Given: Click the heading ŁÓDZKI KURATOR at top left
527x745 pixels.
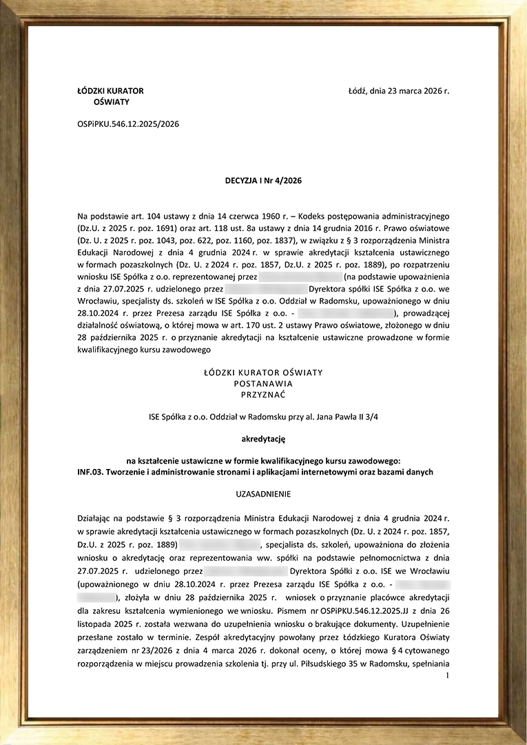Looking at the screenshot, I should tap(111, 90).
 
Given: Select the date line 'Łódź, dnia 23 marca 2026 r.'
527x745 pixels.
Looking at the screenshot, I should tap(399, 90).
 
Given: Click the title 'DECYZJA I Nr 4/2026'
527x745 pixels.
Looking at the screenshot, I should tap(263, 181).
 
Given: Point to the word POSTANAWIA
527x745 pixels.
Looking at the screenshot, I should tap(263, 384).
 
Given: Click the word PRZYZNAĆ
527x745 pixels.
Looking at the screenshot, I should tap(263, 395).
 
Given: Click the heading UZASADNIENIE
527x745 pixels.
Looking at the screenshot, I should tap(263, 494).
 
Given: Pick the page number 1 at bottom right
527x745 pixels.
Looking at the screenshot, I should tap(447, 675).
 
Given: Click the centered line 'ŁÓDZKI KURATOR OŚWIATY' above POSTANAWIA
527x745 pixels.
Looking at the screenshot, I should tap(263, 372).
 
